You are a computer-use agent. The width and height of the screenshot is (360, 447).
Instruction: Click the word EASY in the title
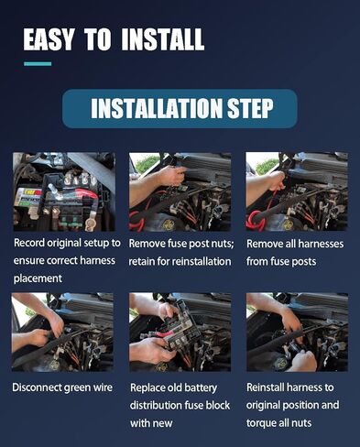click(52, 39)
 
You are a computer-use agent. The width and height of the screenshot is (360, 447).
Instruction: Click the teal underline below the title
click(37, 63)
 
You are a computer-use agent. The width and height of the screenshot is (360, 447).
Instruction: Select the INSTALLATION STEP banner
click(180, 109)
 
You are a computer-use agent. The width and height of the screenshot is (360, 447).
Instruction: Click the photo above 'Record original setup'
click(63, 191)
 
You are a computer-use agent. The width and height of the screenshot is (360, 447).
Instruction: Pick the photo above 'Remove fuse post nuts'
click(180, 191)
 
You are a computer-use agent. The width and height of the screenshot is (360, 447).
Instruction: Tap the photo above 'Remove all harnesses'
click(296, 191)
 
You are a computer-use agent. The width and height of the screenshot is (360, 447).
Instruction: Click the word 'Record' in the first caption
click(33, 243)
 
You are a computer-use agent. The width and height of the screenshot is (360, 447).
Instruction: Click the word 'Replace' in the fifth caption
click(149, 387)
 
